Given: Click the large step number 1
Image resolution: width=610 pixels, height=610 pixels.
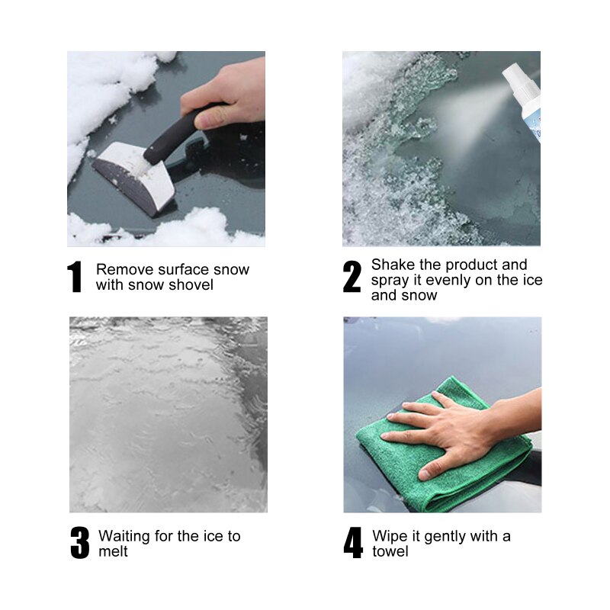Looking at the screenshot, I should point(75,277).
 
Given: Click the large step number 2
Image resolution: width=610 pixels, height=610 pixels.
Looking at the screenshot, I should point(352,277).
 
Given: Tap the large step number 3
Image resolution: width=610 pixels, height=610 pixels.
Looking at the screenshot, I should point(80,543).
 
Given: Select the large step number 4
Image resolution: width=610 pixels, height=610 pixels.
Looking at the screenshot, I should point(353,543).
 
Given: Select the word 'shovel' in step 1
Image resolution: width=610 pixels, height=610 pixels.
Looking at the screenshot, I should point(192,284).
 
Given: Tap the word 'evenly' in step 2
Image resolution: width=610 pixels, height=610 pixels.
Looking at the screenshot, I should point(449,280).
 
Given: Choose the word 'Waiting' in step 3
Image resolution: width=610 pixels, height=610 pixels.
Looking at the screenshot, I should point(124,536).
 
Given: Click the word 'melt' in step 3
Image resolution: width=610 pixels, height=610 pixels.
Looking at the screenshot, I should point(113,551).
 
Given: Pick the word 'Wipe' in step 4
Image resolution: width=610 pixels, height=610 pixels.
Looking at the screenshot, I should point(390,536).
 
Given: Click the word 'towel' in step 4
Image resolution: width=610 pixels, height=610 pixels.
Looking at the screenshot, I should point(390,551).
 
